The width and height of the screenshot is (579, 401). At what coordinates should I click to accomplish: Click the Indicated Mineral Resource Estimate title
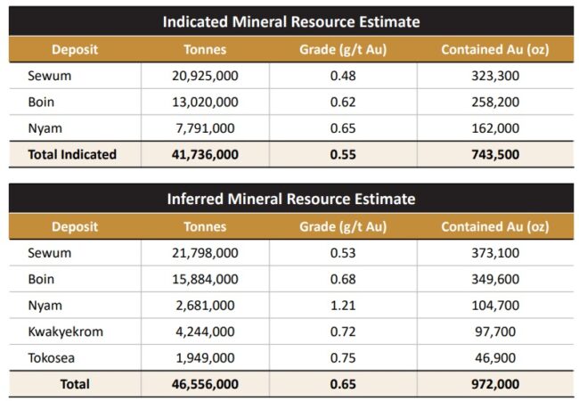pyautogui.click(x=290, y=20)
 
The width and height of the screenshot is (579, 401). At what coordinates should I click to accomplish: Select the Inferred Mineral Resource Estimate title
pyautogui.click(x=290, y=198)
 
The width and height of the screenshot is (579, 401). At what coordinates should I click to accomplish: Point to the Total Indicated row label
pyautogui.click(x=72, y=154)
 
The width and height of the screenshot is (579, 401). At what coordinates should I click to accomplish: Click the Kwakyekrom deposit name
pyautogui.click(x=65, y=331)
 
